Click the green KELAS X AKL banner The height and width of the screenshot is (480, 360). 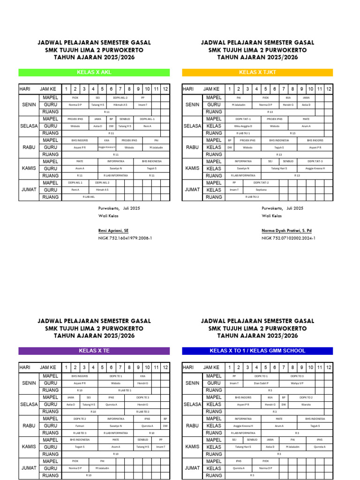[94, 73]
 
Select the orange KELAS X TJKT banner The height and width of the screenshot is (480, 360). [257, 73]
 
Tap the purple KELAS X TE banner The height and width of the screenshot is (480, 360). [94, 351]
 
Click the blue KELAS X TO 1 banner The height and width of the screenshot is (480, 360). [257, 351]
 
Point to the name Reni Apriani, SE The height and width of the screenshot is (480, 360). [113, 231]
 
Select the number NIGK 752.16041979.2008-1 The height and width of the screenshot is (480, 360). [125, 238]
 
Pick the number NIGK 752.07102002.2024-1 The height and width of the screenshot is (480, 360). [288, 238]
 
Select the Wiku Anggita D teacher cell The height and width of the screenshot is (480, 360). [243, 126]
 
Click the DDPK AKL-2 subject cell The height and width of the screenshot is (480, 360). [120, 97]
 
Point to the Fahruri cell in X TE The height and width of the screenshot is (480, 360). [80, 426]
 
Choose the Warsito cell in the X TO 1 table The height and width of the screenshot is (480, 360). [306, 405]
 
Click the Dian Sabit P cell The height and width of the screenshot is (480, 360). [261, 383]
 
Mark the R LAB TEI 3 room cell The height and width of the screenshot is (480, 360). [80, 433]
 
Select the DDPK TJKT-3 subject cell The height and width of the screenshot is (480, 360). [315, 161]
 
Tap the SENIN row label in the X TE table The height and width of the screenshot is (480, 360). [29, 383]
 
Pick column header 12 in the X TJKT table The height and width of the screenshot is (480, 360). [329, 89]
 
